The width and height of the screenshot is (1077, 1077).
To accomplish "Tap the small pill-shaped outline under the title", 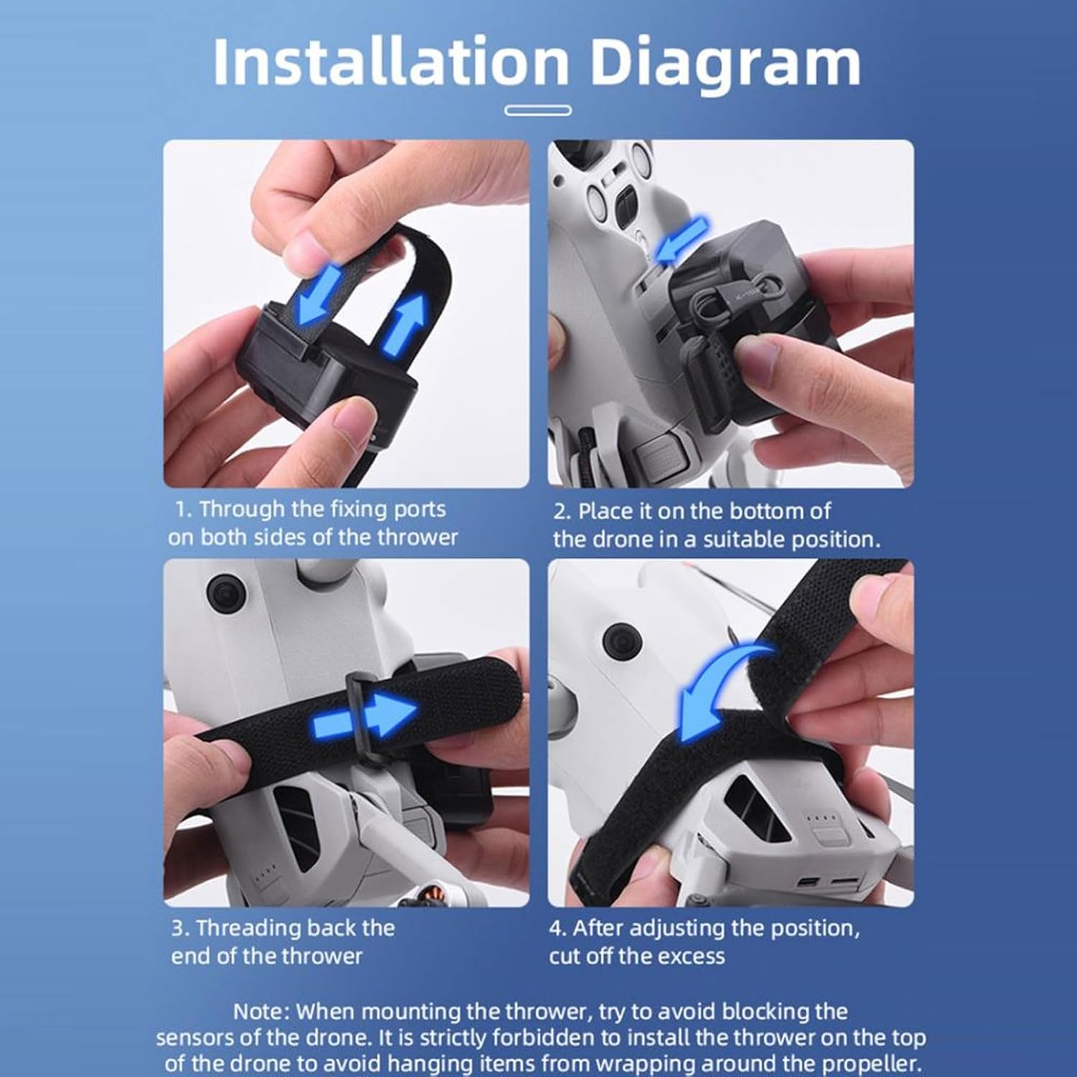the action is point(538,111).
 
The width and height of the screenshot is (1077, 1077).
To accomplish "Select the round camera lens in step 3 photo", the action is point(226,593).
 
